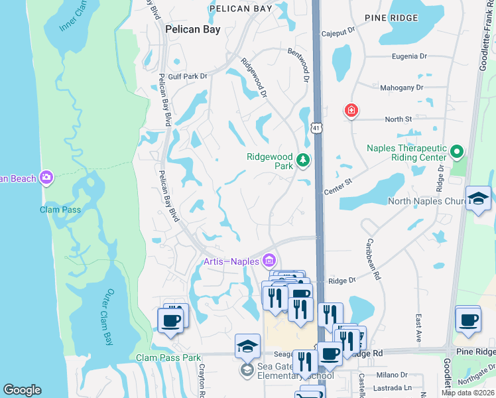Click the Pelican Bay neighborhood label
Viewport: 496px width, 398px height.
pos(192,30)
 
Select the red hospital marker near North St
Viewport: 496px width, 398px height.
pos(351,110)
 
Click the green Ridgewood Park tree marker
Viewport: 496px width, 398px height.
pos(302,160)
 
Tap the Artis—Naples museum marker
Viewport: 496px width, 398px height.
pos(269,260)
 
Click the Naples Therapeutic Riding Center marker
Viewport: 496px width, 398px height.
pos(456,152)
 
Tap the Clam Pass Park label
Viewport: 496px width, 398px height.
pos(168,358)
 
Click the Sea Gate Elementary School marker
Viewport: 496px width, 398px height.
pos(247,369)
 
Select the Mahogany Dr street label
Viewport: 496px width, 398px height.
pos(401,88)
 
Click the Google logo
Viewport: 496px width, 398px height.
pos(22,389)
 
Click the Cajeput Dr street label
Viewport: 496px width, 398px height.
pos(338,30)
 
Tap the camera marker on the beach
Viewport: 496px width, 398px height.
pos(46,177)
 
